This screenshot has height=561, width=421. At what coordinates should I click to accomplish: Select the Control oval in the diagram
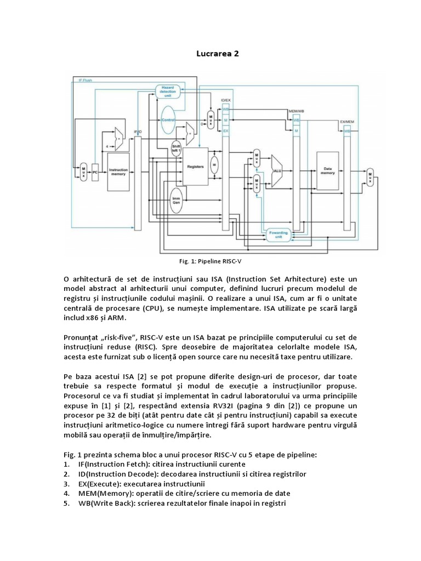(168, 119)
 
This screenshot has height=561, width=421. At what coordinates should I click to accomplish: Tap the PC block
(95, 171)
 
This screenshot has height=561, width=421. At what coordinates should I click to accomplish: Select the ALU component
(277, 170)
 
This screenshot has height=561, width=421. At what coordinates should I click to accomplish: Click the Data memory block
(328, 171)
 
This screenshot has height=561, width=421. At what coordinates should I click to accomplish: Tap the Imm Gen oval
(177, 200)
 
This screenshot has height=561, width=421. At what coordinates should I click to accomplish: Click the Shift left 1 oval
(177, 149)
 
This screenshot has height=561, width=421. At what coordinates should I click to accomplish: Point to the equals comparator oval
(215, 164)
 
